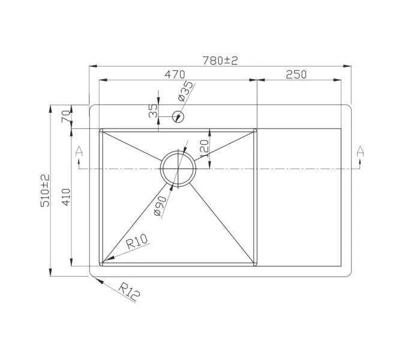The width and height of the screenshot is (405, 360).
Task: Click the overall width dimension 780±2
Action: click(220, 60)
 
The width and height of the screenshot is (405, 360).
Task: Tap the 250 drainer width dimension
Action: click(296, 74)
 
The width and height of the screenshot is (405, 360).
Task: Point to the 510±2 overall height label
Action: click(44, 191)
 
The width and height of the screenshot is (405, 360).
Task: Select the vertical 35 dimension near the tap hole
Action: click(153, 110)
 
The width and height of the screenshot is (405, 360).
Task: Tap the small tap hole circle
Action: click(178, 116)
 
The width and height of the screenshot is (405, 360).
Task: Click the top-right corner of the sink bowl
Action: click(256, 129)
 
